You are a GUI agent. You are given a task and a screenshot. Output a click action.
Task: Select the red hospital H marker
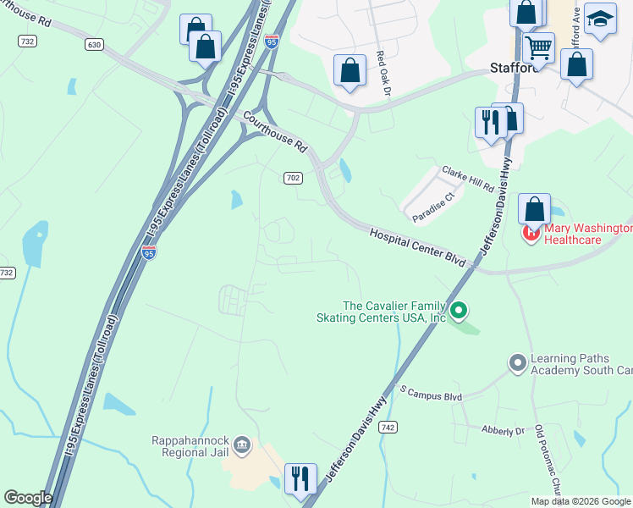(x=531, y=230)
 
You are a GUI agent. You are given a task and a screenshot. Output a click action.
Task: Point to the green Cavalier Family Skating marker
(x=459, y=311)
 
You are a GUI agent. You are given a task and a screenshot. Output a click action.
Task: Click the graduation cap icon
(x=600, y=19)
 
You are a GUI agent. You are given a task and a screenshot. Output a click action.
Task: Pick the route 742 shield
(x=388, y=428)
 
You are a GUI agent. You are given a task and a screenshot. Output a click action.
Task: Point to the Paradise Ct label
(x=434, y=207)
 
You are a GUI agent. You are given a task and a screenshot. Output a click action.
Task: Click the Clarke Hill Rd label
(x=466, y=178)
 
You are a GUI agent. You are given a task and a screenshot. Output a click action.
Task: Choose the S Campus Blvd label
(x=431, y=394)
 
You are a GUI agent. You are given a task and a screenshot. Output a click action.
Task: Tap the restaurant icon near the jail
(x=300, y=479)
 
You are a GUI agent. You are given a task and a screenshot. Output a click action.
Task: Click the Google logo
(x=28, y=498)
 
